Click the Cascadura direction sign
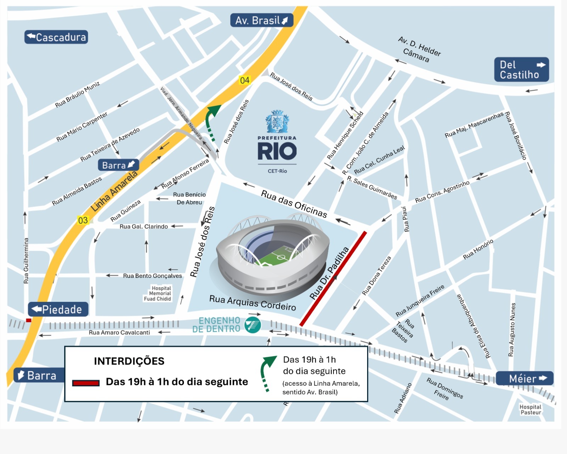click(x=56, y=37)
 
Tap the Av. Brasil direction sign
click(x=262, y=20)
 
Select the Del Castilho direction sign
click(x=521, y=70)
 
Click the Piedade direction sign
click(x=58, y=310)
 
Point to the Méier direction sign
click(x=524, y=379)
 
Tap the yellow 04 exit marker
click(x=245, y=80)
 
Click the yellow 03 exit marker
click(x=83, y=221)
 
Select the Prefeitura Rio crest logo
click(x=277, y=121)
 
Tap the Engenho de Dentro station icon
click(x=253, y=325)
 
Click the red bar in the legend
click(x=86, y=383)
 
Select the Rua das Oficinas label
click(x=294, y=204)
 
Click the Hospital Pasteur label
click(x=530, y=410)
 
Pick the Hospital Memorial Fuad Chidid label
click(x=158, y=294)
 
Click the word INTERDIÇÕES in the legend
click(x=129, y=361)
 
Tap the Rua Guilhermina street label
click(x=26, y=260)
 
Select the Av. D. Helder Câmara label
click(x=418, y=50)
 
